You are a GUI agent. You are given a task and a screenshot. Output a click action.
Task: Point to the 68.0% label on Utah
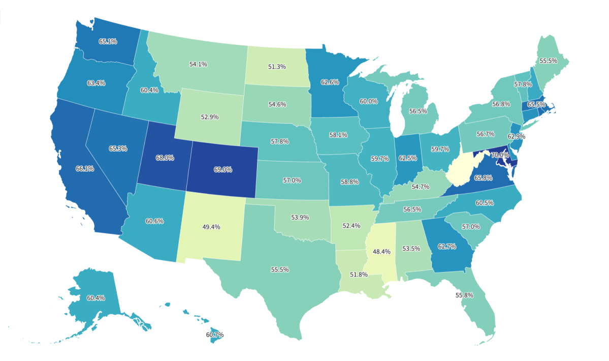[165, 158]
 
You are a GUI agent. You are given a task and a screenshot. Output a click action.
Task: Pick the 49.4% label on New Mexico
[211, 227]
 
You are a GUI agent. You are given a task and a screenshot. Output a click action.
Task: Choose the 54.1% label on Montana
[198, 65]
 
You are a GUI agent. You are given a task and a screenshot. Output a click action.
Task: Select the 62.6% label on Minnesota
[330, 82]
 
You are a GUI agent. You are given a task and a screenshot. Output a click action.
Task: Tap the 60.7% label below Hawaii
[215, 335]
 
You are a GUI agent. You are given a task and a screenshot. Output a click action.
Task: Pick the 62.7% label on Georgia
[447, 247]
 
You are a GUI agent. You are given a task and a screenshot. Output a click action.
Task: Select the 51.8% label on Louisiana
[359, 275]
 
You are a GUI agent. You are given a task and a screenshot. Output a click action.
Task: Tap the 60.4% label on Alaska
[96, 298]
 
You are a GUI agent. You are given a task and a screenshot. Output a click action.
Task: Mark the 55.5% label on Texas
[280, 269]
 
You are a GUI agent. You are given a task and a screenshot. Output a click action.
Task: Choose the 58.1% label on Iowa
[338, 136]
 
